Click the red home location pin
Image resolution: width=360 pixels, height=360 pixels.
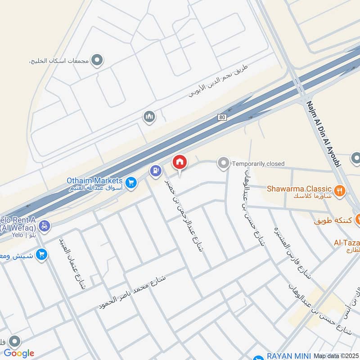coord(179,162)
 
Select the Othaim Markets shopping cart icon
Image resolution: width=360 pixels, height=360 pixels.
coord(131,182)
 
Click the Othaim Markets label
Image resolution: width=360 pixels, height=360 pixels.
coord(94,180)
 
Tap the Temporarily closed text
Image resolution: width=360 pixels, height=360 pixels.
coord(258,164)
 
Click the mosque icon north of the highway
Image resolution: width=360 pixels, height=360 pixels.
coord(149,117)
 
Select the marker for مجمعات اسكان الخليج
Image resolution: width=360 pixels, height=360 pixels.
coord(96,59)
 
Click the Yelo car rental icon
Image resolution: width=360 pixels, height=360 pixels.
coord(44,226)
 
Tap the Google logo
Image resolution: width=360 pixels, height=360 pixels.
coord(19,353)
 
